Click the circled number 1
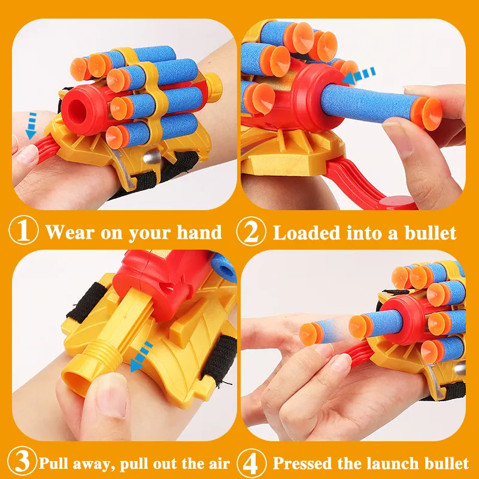click(23, 231)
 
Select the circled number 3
click(22, 462)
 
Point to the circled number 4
click(251, 463)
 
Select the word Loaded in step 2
click(307, 233)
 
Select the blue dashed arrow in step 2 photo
click(359, 76)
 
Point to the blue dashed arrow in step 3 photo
click(141, 357)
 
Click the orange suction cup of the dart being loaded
click(427, 113)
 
